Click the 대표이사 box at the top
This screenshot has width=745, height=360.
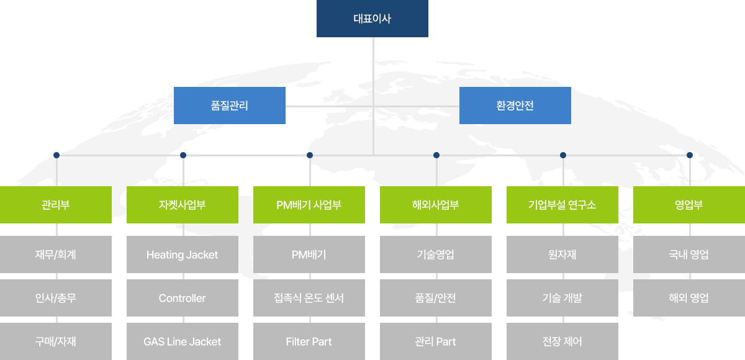(372, 19)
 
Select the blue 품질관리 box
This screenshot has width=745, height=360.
(230, 106)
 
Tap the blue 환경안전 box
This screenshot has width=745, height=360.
(515, 106)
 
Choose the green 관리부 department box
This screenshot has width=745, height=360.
(56, 205)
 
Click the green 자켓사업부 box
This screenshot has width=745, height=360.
(183, 205)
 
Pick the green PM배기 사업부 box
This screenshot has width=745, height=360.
(309, 205)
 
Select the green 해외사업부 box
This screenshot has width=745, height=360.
(436, 205)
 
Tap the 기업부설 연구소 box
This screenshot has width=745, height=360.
(562, 205)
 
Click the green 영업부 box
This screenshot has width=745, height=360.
(689, 205)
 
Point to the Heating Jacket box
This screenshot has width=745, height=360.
(183, 254)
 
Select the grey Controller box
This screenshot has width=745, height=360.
(183, 298)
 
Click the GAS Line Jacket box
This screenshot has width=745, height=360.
(183, 341)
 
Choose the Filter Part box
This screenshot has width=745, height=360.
(309, 341)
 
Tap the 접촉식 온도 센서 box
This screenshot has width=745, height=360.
(309, 298)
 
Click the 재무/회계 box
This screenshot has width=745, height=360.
(56, 254)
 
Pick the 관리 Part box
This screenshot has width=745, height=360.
(436, 341)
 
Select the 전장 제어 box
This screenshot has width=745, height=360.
(562, 341)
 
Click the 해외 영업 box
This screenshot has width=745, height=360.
(689, 298)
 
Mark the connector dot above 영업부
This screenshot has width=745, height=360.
(690, 155)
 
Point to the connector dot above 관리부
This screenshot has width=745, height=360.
(56, 155)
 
